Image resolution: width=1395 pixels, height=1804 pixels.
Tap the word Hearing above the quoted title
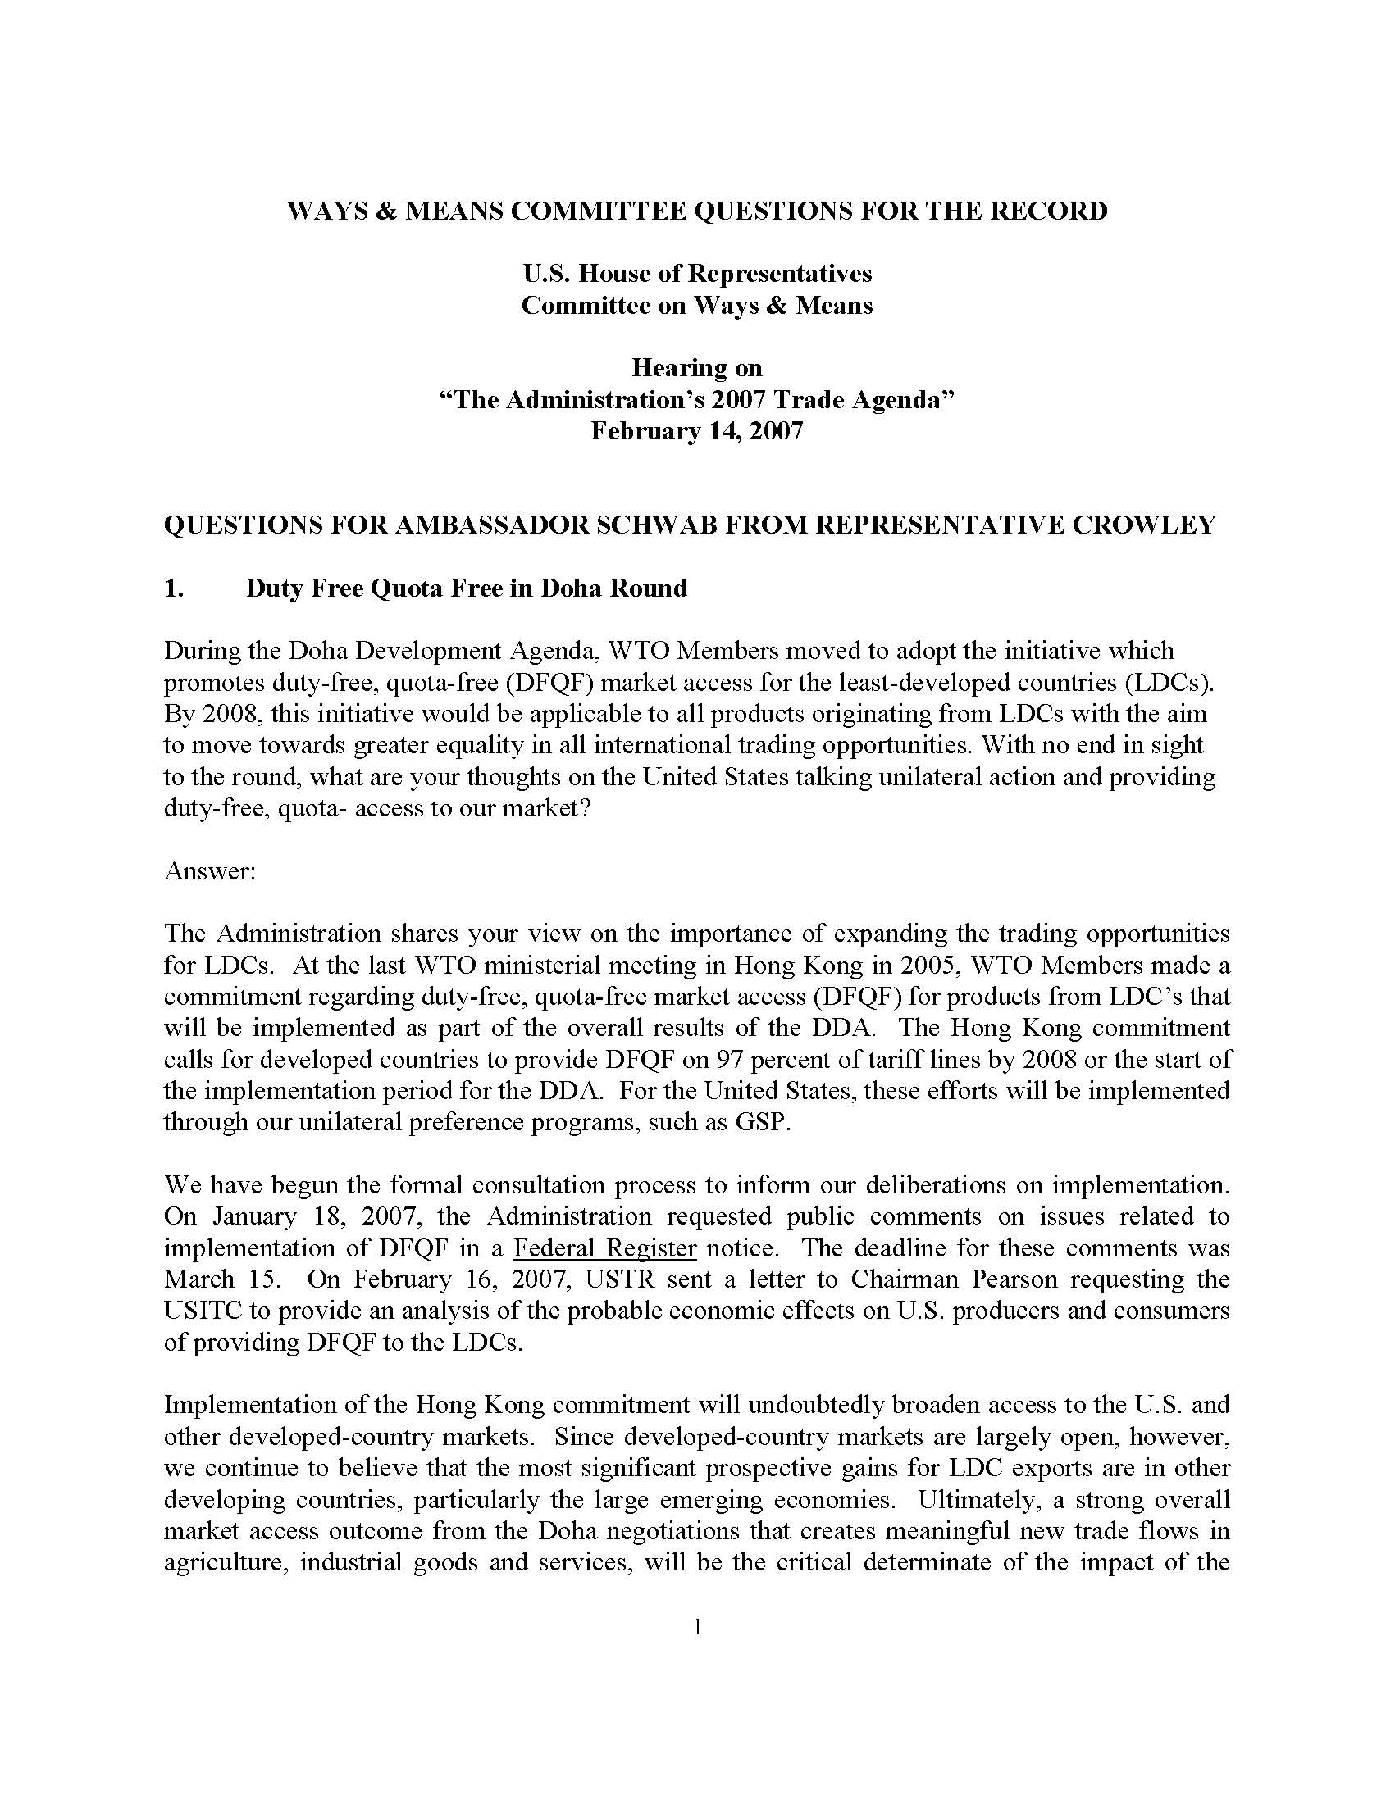(673, 367)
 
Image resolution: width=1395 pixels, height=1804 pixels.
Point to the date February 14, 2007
(696, 431)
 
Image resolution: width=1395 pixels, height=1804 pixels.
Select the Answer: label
(210, 871)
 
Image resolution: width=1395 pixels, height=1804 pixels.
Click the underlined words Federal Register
(605, 1248)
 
